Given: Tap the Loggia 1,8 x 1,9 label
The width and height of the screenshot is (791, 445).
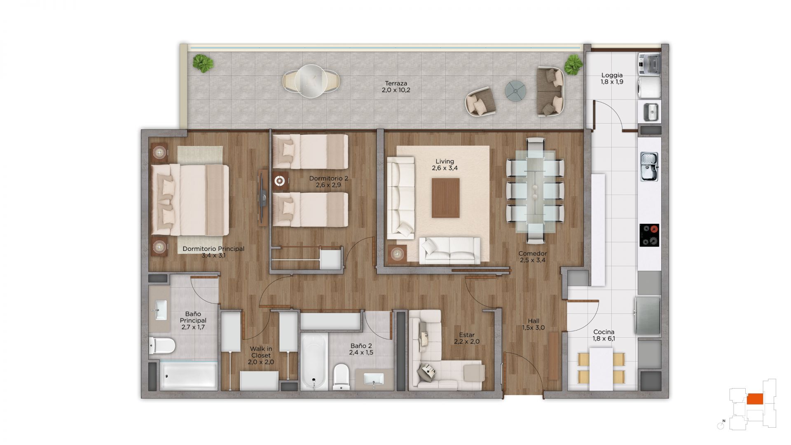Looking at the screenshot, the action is (x=612, y=78).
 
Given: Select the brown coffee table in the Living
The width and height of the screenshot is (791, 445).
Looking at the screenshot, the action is (x=445, y=198).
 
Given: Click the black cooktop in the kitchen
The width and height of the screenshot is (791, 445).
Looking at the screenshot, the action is (x=649, y=235).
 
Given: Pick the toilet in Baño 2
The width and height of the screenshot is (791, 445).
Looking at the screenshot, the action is (x=342, y=376).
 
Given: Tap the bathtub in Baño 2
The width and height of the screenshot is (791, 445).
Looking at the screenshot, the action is (x=314, y=362).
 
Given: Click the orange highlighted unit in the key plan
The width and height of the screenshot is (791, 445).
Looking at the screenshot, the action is (x=755, y=398).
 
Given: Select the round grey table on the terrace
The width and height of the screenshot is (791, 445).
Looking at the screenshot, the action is (x=516, y=91).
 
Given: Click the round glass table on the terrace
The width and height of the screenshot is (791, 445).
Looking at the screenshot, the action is (x=311, y=81).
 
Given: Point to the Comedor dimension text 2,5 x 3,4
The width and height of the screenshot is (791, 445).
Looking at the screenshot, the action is (x=533, y=260).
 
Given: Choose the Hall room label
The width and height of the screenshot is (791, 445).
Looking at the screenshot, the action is (x=534, y=321).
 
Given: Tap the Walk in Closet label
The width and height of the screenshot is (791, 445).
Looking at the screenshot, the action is (x=261, y=352).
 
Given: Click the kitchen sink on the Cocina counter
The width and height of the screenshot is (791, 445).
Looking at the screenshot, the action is (x=650, y=166).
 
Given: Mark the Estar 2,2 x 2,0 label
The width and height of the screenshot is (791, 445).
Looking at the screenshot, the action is (x=467, y=338).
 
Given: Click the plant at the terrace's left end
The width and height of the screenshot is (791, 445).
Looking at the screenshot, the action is (x=203, y=64).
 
